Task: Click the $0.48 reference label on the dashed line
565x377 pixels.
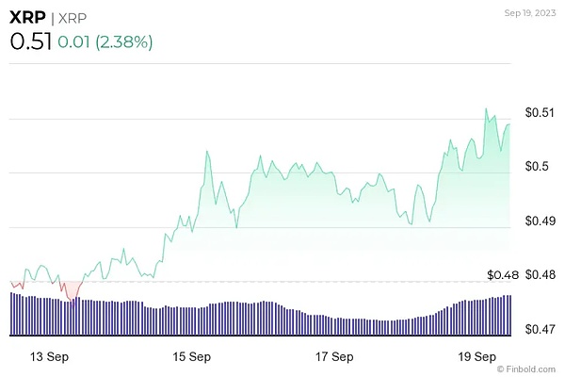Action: [504, 275]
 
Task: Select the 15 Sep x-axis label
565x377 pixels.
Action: [192, 357]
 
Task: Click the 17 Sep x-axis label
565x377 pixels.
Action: [335, 357]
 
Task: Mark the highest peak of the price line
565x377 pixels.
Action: [486, 109]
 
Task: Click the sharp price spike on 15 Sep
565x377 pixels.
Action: [205, 151]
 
